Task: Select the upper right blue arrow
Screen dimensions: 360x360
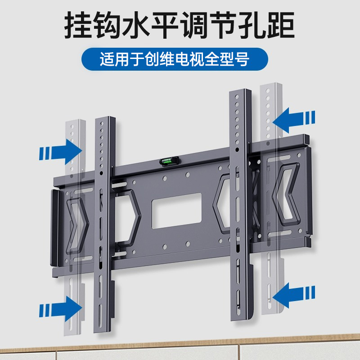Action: pyautogui.click(x=294, y=119)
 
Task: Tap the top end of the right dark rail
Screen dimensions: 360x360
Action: pyautogui.click(x=240, y=93)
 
